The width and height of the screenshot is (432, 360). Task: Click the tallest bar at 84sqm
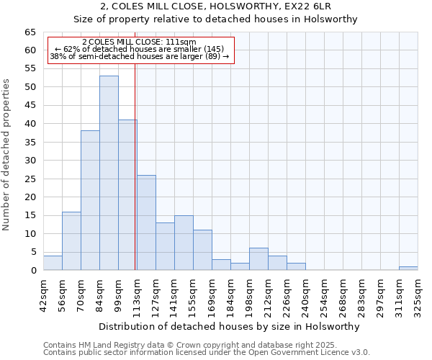[x=109, y=173]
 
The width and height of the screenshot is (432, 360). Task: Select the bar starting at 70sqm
[x=90, y=200]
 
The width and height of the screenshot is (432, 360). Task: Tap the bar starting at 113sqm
[x=146, y=222]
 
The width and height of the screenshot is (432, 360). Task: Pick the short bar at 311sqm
[x=408, y=269]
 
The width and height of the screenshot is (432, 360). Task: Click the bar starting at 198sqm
[x=258, y=259]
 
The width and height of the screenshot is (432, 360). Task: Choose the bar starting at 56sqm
[x=71, y=240]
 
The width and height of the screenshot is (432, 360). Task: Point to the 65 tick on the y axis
[x=30, y=32]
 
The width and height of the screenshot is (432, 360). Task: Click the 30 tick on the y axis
[x=30, y=161]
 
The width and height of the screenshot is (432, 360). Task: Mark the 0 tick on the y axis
[x=33, y=271]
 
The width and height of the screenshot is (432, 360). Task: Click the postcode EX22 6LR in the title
[x=310, y=6]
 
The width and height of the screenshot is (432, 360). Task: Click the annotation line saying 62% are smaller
[x=141, y=50]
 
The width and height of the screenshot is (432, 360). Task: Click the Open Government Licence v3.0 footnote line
[x=207, y=353]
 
